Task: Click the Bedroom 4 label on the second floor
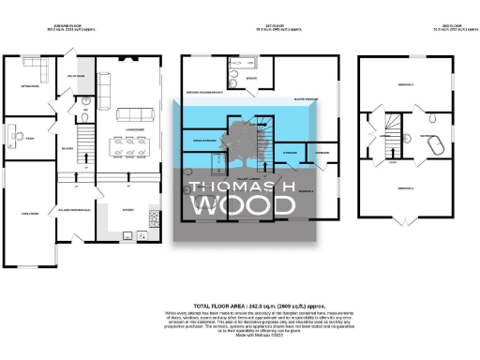tap(410, 83)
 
